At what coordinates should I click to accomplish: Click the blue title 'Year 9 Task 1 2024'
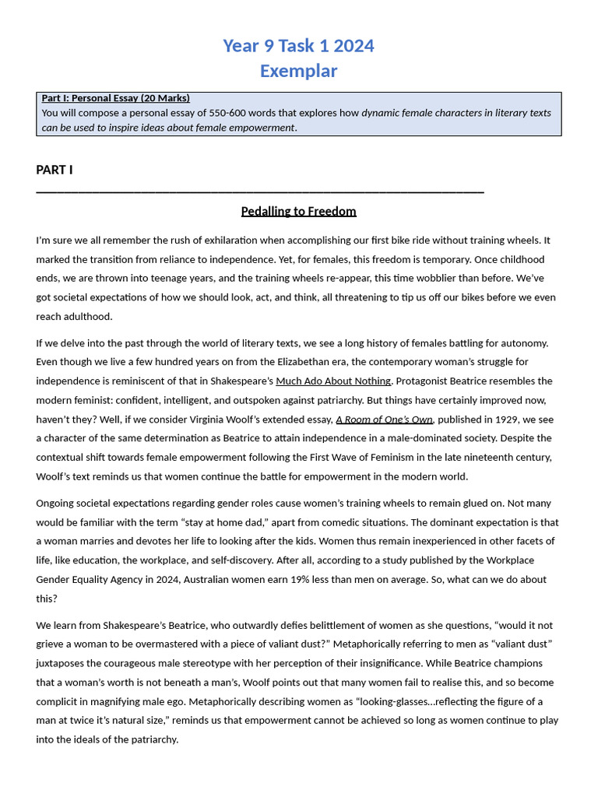click(x=298, y=46)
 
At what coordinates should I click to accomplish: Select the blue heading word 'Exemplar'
click(x=298, y=71)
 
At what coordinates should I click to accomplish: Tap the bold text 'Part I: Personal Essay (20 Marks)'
click(x=115, y=98)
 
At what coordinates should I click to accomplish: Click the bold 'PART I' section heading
click(x=55, y=170)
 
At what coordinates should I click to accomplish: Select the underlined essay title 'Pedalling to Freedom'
click(x=298, y=212)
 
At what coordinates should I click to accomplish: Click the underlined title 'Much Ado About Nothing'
click(x=333, y=381)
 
